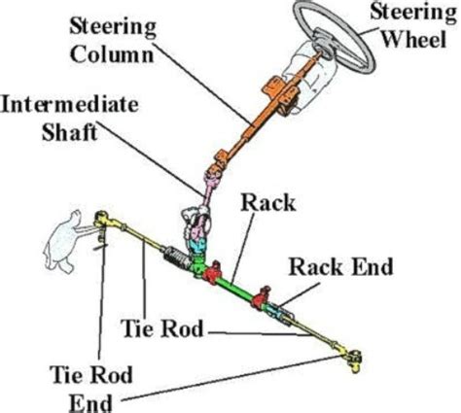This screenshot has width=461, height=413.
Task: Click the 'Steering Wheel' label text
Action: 413,26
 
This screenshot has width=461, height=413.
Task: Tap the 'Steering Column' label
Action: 113,41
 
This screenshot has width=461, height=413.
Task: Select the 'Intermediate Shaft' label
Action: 69,119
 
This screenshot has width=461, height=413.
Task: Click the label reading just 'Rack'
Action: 268,203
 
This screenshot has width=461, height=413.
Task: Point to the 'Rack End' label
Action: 340,267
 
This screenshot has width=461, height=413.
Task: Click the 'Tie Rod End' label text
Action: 91,389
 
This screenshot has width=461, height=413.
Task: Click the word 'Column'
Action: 112,53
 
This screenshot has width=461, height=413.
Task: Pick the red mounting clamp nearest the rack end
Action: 261,297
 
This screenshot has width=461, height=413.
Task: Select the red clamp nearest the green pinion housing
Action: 212,273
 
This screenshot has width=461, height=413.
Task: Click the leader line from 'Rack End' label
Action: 299,293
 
